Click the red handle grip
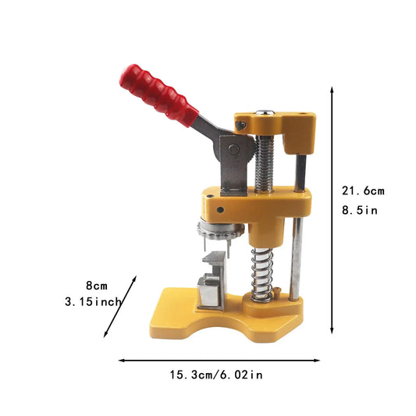(158, 95)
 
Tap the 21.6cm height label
(363, 191)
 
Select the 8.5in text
(360, 211)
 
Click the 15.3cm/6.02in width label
(216, 375)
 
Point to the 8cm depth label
(97, 286)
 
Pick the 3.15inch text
(93, 302)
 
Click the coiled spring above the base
(261, 275)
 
